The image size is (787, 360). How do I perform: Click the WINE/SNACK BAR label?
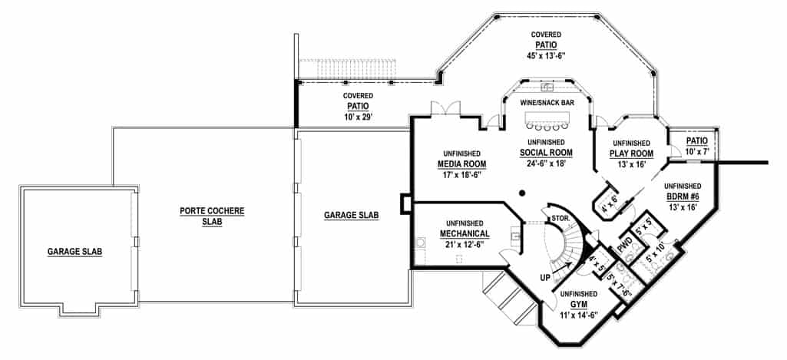point(546,103)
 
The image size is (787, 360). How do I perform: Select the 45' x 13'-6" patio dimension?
point(546,54)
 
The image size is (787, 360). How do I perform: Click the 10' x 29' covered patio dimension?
point(357,117)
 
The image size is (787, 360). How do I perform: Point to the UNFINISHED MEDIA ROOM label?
point(461,158)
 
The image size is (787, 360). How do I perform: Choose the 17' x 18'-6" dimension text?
point(461,176)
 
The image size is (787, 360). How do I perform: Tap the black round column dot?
point(521,192)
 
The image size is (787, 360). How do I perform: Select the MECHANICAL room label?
point(465,233)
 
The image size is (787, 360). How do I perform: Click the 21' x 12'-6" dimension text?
point(465,244)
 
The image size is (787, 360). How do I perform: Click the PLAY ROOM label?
point(631,153)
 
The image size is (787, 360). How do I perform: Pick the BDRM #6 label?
point(682,196)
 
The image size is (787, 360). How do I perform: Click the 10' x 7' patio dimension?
point(696,152)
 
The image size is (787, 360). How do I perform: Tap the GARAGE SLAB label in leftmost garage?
point(75,251)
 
